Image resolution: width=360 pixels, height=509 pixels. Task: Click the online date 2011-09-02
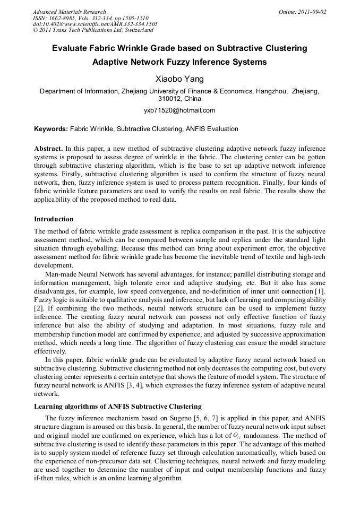tap(310, 12)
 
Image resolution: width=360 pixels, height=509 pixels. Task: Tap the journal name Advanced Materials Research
tap(70, 12)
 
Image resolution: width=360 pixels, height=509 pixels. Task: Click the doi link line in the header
tap(95, 24)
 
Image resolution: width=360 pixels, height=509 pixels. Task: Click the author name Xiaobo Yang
tap(179, 79)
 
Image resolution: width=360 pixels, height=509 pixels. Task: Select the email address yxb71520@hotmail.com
tap(179, 110)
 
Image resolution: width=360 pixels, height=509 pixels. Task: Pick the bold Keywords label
tap(50, 129)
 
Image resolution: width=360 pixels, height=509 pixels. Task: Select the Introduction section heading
tap(54, 219)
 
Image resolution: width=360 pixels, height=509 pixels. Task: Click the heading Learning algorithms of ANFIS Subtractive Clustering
tap(117, 407)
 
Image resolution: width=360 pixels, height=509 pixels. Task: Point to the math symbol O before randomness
tap(238, 435)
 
